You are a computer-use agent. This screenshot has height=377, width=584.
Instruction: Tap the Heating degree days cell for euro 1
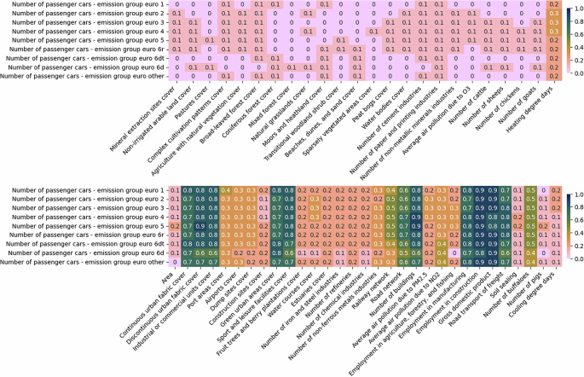click(552, 5)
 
